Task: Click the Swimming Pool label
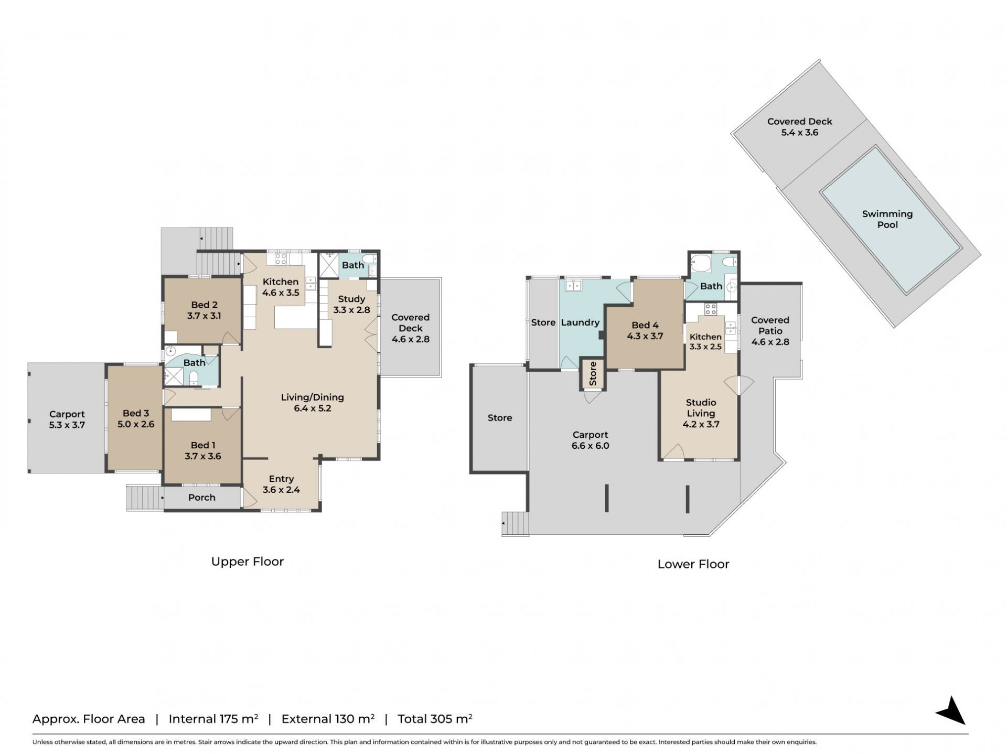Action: click(887, 219)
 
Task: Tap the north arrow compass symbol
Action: click(952, 711)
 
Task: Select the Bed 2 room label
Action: click(204, 305)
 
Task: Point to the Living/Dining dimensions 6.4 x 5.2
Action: click(313, 408)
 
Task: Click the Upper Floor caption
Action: click(248, 562)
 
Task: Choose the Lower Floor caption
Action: click(693, 564)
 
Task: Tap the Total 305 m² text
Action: click(435, 719)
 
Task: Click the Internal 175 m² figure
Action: click(213, 719)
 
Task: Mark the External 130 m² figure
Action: click(328, 719)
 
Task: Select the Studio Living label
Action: click(701, 408)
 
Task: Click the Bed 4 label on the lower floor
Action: click(645, 325)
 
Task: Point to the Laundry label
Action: click(580, 322)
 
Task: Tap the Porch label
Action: click(202, 498)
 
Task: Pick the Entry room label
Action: click(281, 479)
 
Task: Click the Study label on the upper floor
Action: click(351, 299)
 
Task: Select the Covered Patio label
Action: click(770, 326)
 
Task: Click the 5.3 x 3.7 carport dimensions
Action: click(67, 425)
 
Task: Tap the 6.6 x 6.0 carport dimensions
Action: click(591, 446)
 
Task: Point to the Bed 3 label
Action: click(136, 413)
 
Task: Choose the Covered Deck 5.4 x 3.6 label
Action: click(800, 127)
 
